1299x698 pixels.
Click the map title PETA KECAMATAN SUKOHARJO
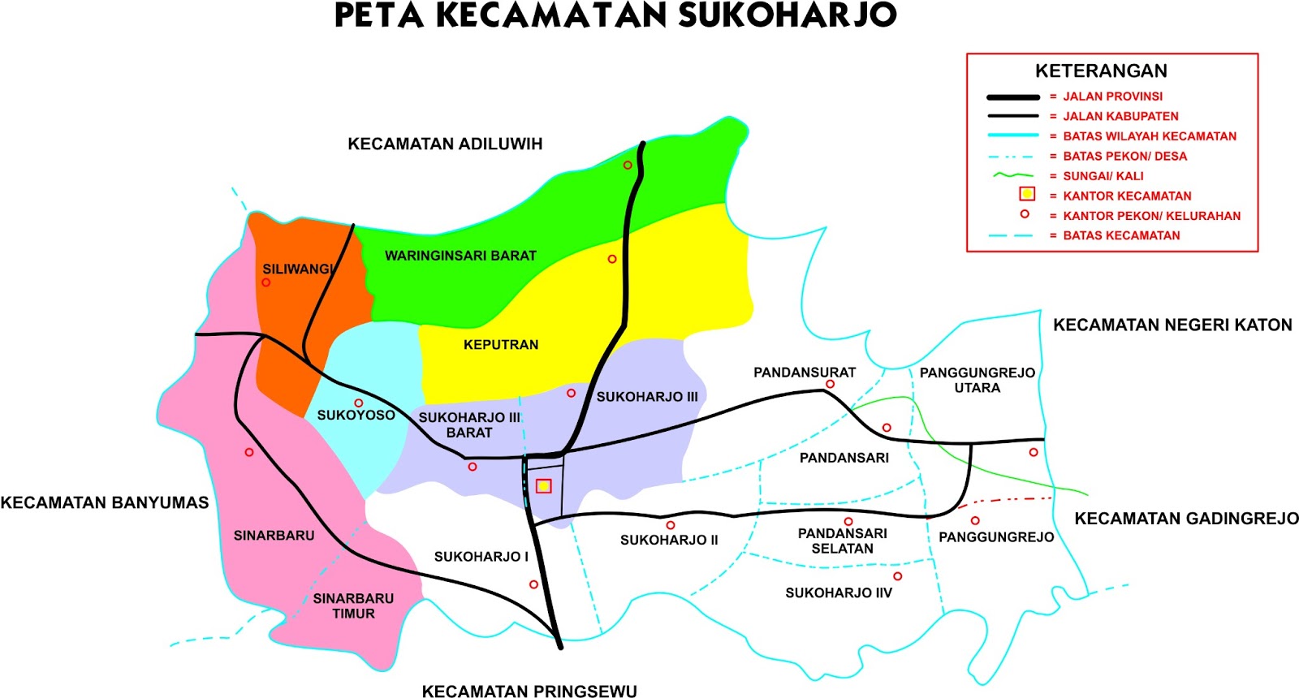click(x=615, y=16)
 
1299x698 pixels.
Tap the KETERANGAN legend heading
click(x=1101, y=71)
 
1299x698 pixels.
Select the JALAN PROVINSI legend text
click(x=1112, y=96)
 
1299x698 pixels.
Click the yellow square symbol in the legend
click(x=1027, y=194)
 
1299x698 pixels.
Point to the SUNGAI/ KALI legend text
click(x=1103, y=175)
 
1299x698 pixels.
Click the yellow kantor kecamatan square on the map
click(x=544, y=486)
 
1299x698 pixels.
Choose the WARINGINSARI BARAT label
click(x=460, y=256)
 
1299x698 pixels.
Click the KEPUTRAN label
click(x=501, y=345)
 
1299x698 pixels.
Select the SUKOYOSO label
click(x=356, y=416)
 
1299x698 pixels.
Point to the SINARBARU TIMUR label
click(x=353, y=606)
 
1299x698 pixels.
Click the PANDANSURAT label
click(x=805, y=373)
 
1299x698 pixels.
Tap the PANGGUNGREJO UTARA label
click(x=977, y=380)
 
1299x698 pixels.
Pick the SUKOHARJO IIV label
click(x=839, y=592)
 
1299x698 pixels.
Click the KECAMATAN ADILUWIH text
click(x=445, y=144)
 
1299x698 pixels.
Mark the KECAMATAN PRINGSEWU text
click(x=529, y=691)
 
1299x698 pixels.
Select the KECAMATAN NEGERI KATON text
click(x=1172, y=325)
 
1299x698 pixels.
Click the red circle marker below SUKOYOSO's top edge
click(x=358, y=403)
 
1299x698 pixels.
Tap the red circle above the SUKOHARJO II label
click(x=671, y=525)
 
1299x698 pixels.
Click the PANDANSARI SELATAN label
click(x=843, y=541)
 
